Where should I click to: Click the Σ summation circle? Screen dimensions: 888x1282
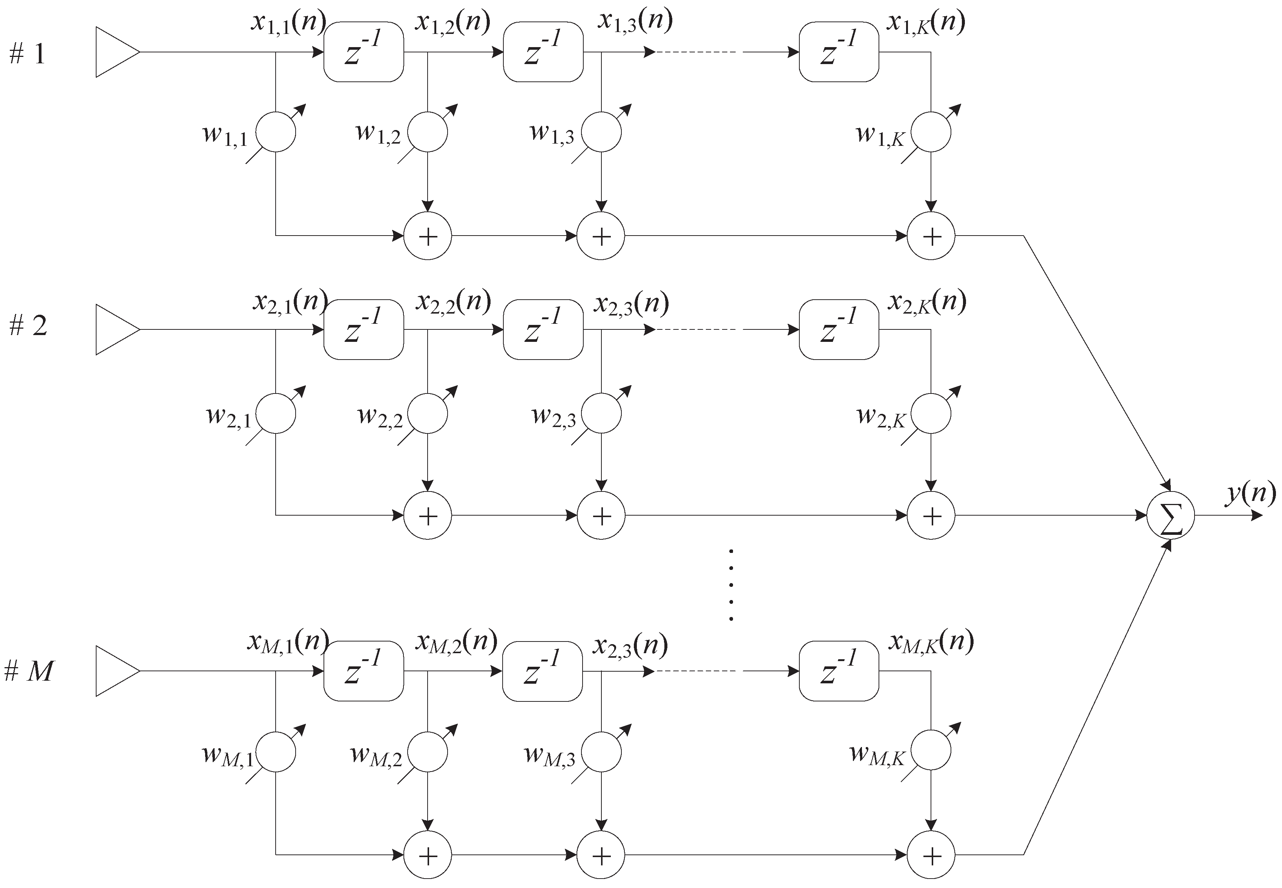coord(1171,516)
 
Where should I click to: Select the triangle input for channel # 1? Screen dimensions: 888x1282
coord(116,52)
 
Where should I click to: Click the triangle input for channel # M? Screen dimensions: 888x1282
coord(116,671)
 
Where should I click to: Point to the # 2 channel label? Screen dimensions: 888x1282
coord(28,326)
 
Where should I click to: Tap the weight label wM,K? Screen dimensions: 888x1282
coord(877,755)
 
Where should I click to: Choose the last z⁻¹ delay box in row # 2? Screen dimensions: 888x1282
coord(838,329)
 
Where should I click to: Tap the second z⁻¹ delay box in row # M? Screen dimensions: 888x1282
coord(542,671)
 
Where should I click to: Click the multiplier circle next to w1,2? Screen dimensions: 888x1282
coord(427,132)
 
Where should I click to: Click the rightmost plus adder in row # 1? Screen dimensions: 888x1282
coord(931,236)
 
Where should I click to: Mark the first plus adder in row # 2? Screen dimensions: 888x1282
coord(427,516)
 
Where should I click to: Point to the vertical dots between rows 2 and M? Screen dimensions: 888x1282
coord(731,585)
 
